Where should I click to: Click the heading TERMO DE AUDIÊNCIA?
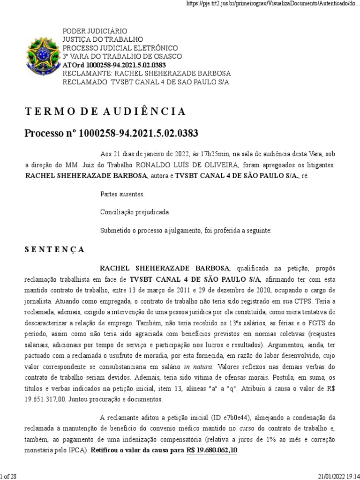click(105, 112)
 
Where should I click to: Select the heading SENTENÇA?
click(54, 250)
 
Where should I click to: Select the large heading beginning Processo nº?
click(111, 134)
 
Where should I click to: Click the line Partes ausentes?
click(123, 194)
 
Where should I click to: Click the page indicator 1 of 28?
click(9, 476)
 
